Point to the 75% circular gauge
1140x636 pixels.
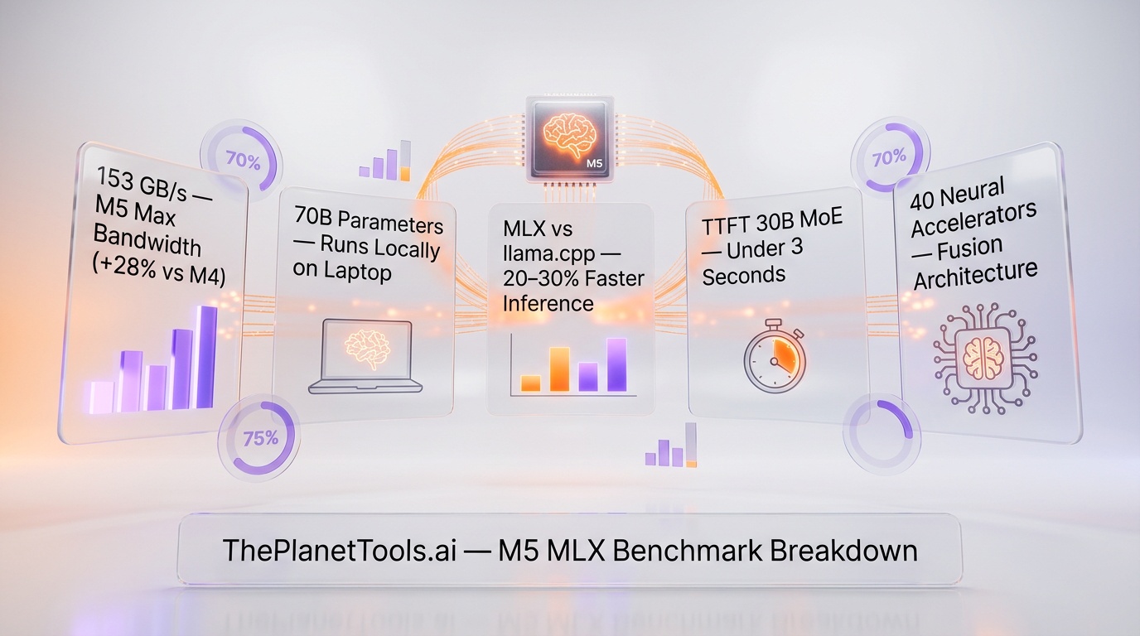pyautogui.click(x=260, y=438)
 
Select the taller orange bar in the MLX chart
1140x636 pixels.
pyautogui.click(x=560, y=369)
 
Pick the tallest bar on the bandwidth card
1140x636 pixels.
pyautogui.click(x=205, y=357)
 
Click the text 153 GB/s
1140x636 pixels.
pyautogui.click(x=138, y=179)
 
